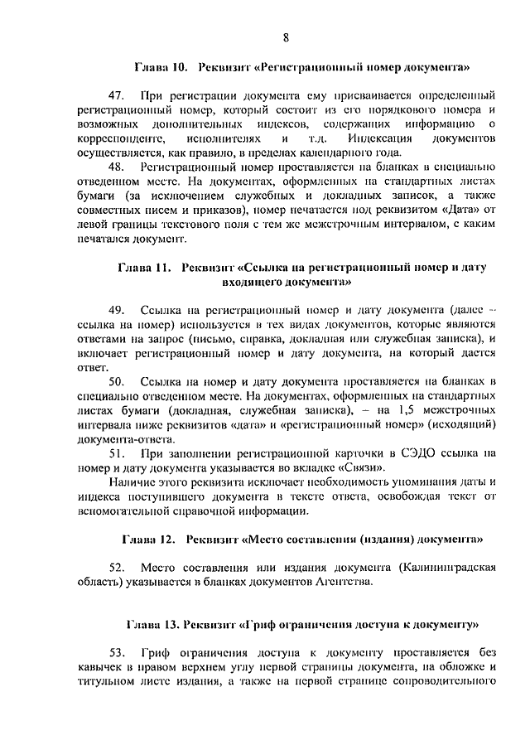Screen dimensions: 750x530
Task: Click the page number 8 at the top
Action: click(286, 36)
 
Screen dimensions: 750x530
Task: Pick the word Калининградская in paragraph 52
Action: click(447, 568)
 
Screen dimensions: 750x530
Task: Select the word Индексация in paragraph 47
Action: click(377, 138)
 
